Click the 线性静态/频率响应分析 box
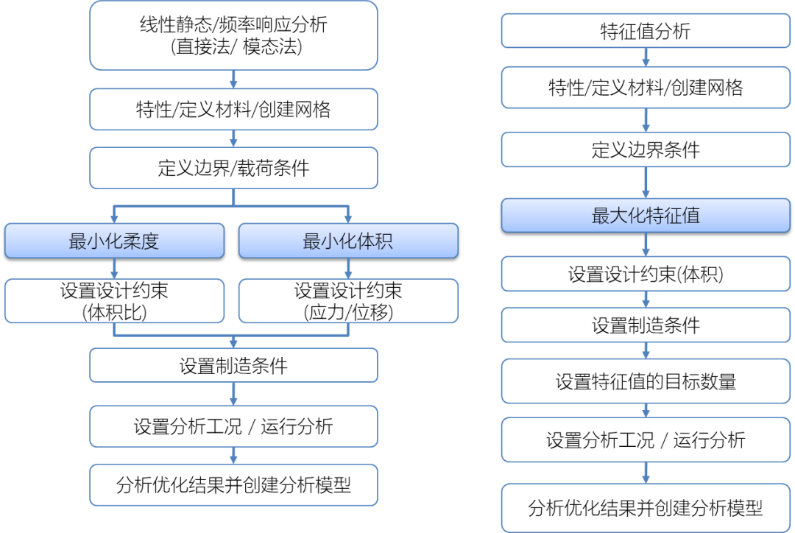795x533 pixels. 233,35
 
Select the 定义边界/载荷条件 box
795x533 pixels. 233,169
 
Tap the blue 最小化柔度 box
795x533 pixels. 114,241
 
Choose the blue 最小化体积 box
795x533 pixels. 348,241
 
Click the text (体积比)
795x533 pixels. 114,311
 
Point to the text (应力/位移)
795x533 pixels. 348,311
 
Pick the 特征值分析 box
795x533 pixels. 646,32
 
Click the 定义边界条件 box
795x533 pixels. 646,150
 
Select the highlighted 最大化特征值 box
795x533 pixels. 646,216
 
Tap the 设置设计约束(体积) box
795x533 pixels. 646,275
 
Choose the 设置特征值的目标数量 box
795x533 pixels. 646,381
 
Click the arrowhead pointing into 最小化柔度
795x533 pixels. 114,218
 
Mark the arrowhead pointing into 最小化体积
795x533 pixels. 348,218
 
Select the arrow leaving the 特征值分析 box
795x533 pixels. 646,57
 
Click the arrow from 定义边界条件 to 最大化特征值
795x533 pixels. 646,183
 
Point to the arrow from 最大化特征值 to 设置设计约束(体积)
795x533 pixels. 646,245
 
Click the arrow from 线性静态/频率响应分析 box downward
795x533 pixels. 233,79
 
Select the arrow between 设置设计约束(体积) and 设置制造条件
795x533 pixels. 646,300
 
